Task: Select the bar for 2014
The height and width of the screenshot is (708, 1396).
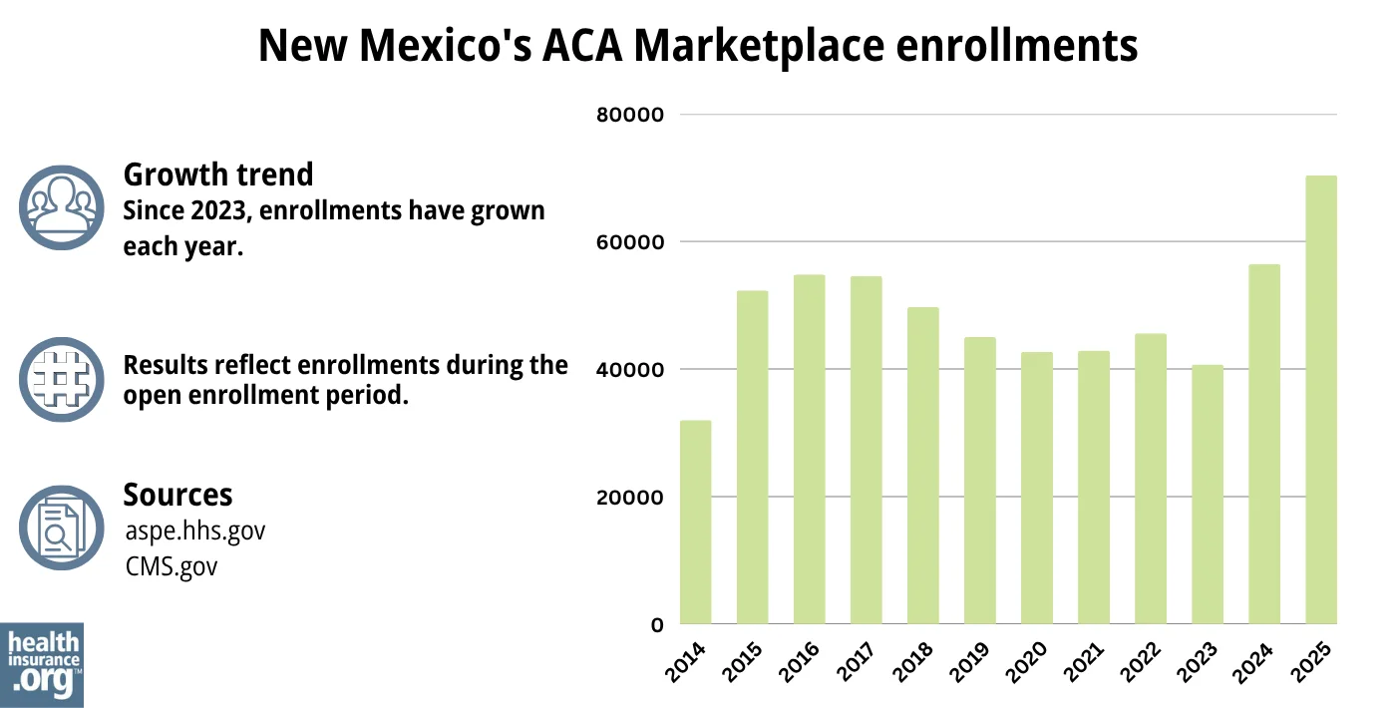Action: coord(695,523)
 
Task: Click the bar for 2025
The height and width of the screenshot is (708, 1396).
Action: coord(1321,400)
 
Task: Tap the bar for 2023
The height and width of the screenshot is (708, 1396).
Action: coord(1208,495)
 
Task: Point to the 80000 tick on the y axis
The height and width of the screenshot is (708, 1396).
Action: coord(629,115)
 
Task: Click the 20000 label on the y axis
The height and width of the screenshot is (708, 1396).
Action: coord(629,498)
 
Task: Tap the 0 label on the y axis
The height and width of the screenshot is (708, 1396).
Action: coord(657,625)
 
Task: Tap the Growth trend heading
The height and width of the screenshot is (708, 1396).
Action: coord(217,175)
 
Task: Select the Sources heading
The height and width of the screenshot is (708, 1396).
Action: coord(177,495)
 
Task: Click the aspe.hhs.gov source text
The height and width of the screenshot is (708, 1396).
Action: coord(195,531)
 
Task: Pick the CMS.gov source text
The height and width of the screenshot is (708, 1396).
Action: coord(172,566)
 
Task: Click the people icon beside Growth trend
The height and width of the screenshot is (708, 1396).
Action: coord(62,207)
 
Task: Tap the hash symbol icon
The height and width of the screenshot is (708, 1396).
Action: coord(62,379)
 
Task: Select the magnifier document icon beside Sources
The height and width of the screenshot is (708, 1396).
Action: coord(62,528)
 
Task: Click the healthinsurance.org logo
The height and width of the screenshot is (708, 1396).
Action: coord(42,664)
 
